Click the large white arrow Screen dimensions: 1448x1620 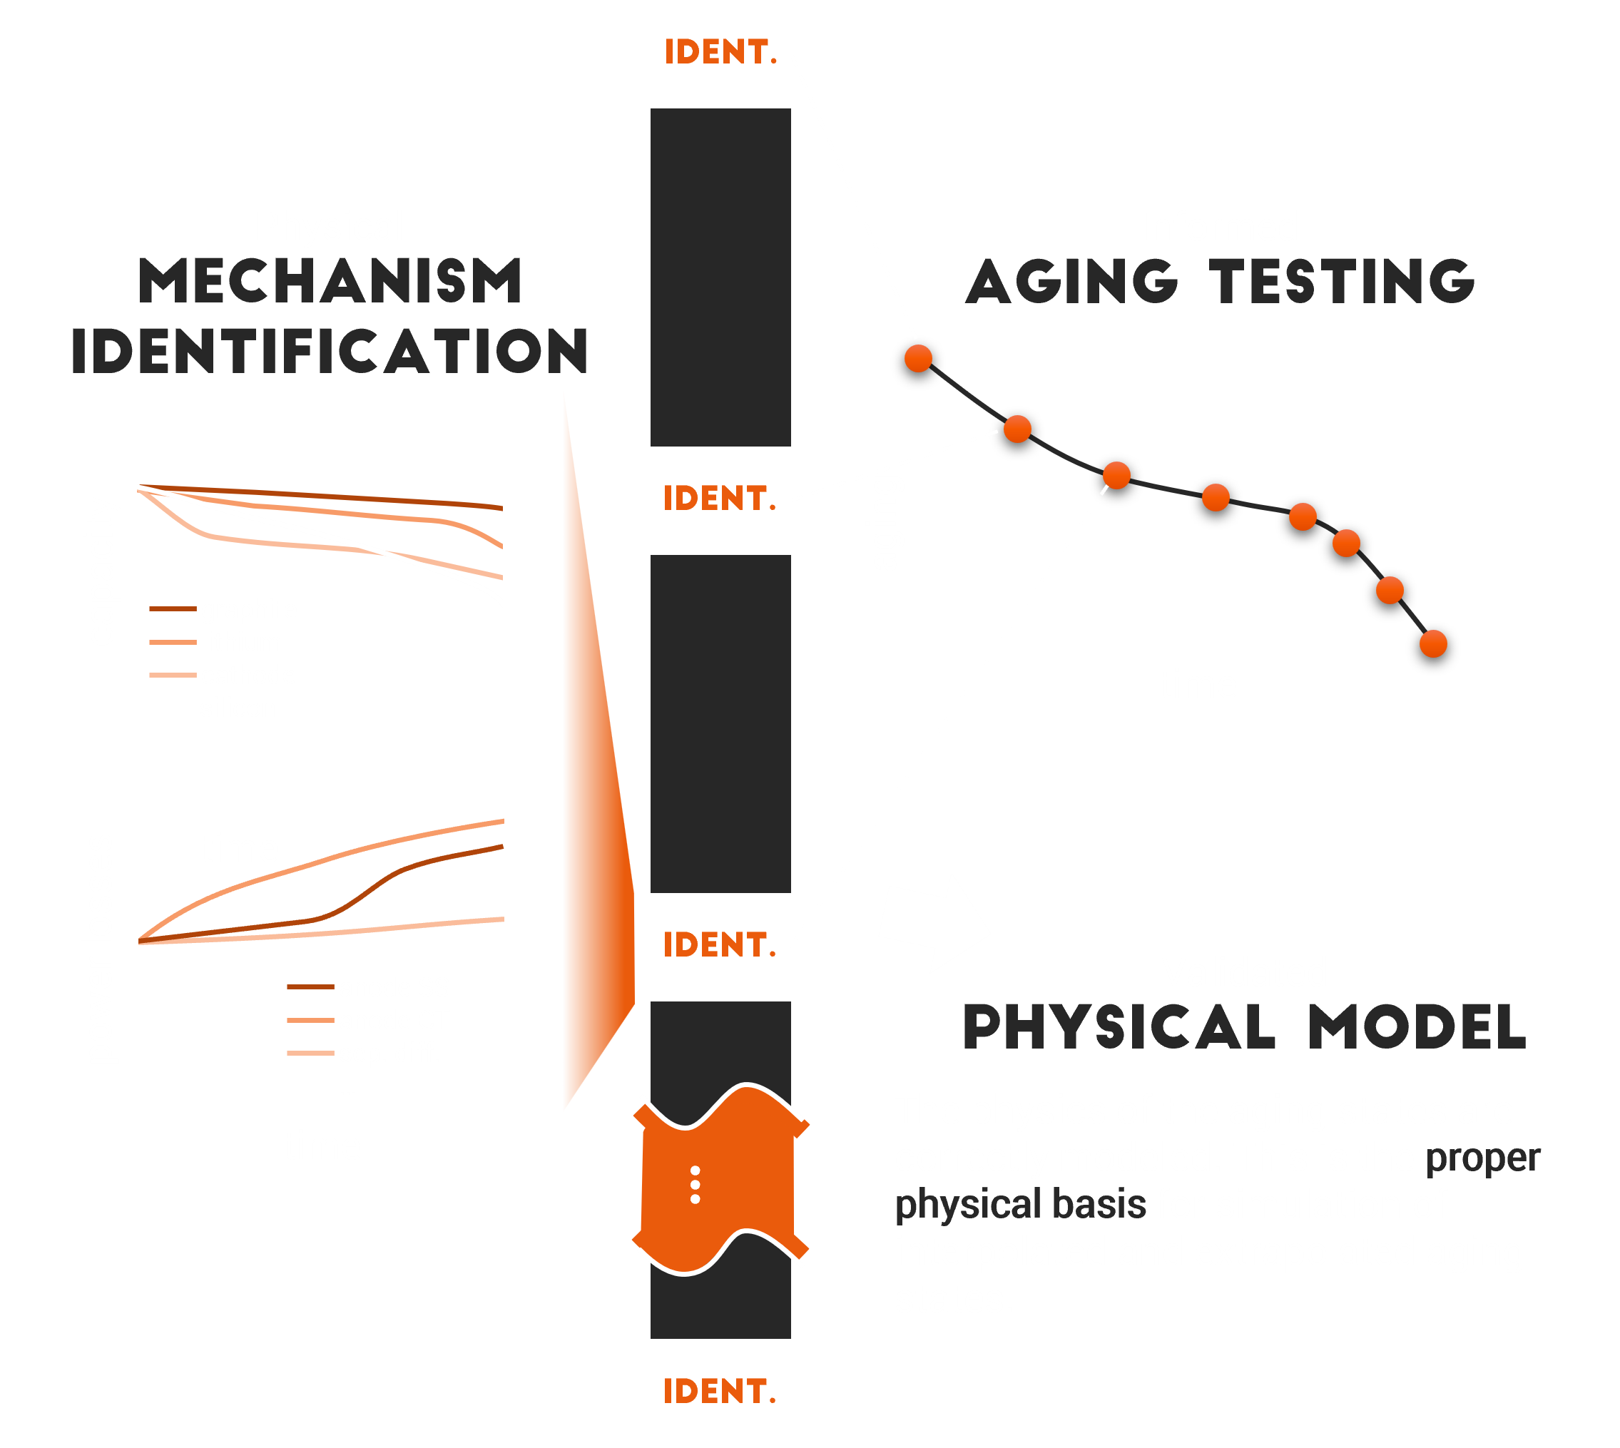pos(936,924)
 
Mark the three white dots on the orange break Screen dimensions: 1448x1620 pos(696,1185)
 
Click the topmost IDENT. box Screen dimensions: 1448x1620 pos(720,53)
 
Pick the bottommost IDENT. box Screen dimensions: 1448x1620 pos(719,1392)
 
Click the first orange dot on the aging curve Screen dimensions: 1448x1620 pos(918,359)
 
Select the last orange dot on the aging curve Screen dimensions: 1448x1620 pos(1433,643)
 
